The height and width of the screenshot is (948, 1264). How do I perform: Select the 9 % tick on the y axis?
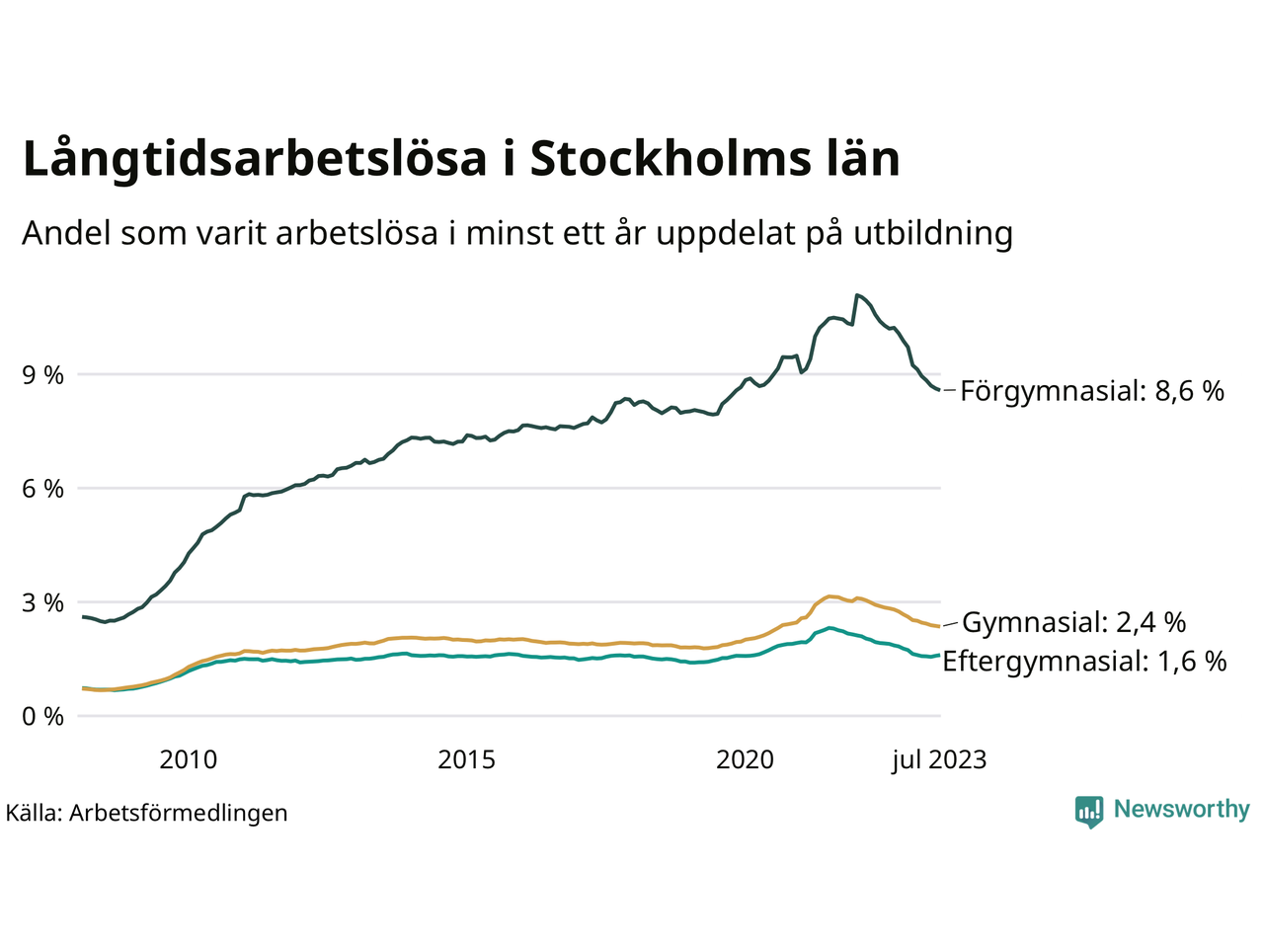[x=42, y=375]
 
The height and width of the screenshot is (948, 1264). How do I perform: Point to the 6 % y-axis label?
[x=42, y=489]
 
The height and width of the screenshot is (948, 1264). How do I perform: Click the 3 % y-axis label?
[x=42, y=602]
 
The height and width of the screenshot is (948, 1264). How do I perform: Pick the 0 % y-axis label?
[x=42, y=716]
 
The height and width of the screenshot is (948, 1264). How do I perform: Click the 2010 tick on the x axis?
[x=188, y=759]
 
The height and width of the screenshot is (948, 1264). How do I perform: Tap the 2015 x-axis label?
[x=466, y=759]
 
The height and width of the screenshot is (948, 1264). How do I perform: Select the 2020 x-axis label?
[x=745, y=759]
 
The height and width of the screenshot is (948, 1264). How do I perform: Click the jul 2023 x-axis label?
[x=938, y=759]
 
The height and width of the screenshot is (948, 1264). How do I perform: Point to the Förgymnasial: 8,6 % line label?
[x=1091, y=391]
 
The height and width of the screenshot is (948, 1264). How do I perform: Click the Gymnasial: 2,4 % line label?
[x=1073, y=622]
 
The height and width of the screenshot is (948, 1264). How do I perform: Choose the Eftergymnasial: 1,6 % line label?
[x=1084, y=661]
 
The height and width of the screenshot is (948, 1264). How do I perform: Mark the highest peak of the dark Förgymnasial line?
[x=857, y=294]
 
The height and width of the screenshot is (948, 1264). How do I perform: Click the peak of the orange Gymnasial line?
[x=830, y=596]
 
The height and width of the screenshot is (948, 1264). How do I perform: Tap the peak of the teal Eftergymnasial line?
[x=830, y=627]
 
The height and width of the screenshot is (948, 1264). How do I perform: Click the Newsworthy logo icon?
[x=1088, y=812]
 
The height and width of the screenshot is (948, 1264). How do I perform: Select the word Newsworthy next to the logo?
[x=1181, y=810]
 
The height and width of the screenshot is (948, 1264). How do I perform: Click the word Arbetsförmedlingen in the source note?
[x=179, y=813]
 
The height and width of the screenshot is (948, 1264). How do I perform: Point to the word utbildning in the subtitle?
[x=933, y=233]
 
